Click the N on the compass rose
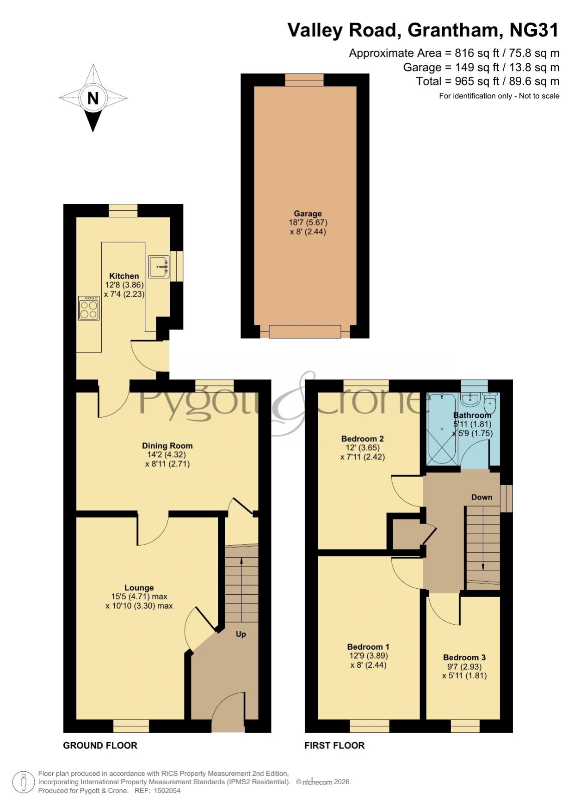pos(93,98)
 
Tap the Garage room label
pos(308,213)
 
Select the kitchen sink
pos(159,267)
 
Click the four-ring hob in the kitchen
pos(89,308)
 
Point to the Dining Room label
pos(167,446)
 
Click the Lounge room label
pos(139,588)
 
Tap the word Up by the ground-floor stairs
pos(241,634)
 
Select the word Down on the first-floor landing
pos(481,497)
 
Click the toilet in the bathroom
pos(489,404)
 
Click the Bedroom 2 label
pos(363,439)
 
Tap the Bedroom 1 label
pos(368,646)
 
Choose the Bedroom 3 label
pos(464,657)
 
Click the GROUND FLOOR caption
pos(100,745)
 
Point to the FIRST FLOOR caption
pos(334,745)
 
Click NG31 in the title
pos(534,30)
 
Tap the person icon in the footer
pos(23,782)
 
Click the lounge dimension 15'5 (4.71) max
pos(139,597)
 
